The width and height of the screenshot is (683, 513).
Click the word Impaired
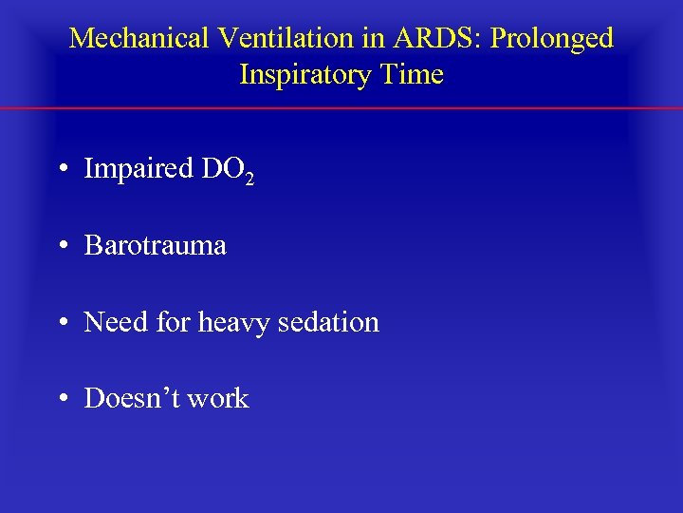coord(138,169)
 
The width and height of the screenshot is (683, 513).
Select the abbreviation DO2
coord(228,170)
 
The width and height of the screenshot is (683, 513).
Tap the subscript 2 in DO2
coord(249,179)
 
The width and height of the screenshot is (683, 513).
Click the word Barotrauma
coord(156,245)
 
